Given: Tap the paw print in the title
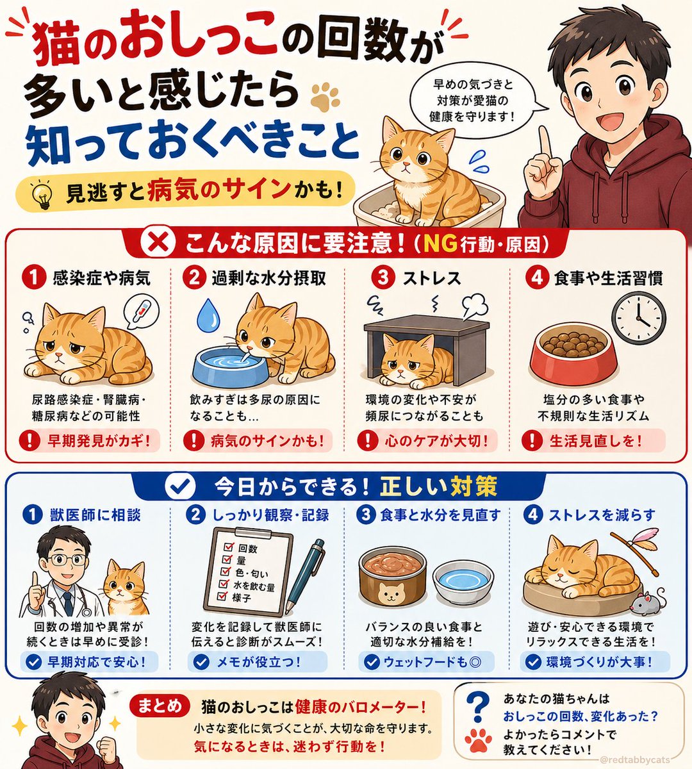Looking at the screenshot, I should [x=325, y=96].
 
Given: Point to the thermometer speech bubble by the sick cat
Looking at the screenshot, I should [x=140, y=313].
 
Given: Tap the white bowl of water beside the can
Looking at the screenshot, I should [x=463, y=583].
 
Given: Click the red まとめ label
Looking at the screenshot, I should [x=160, y=706].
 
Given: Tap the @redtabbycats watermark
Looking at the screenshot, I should [x=641, y=759].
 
